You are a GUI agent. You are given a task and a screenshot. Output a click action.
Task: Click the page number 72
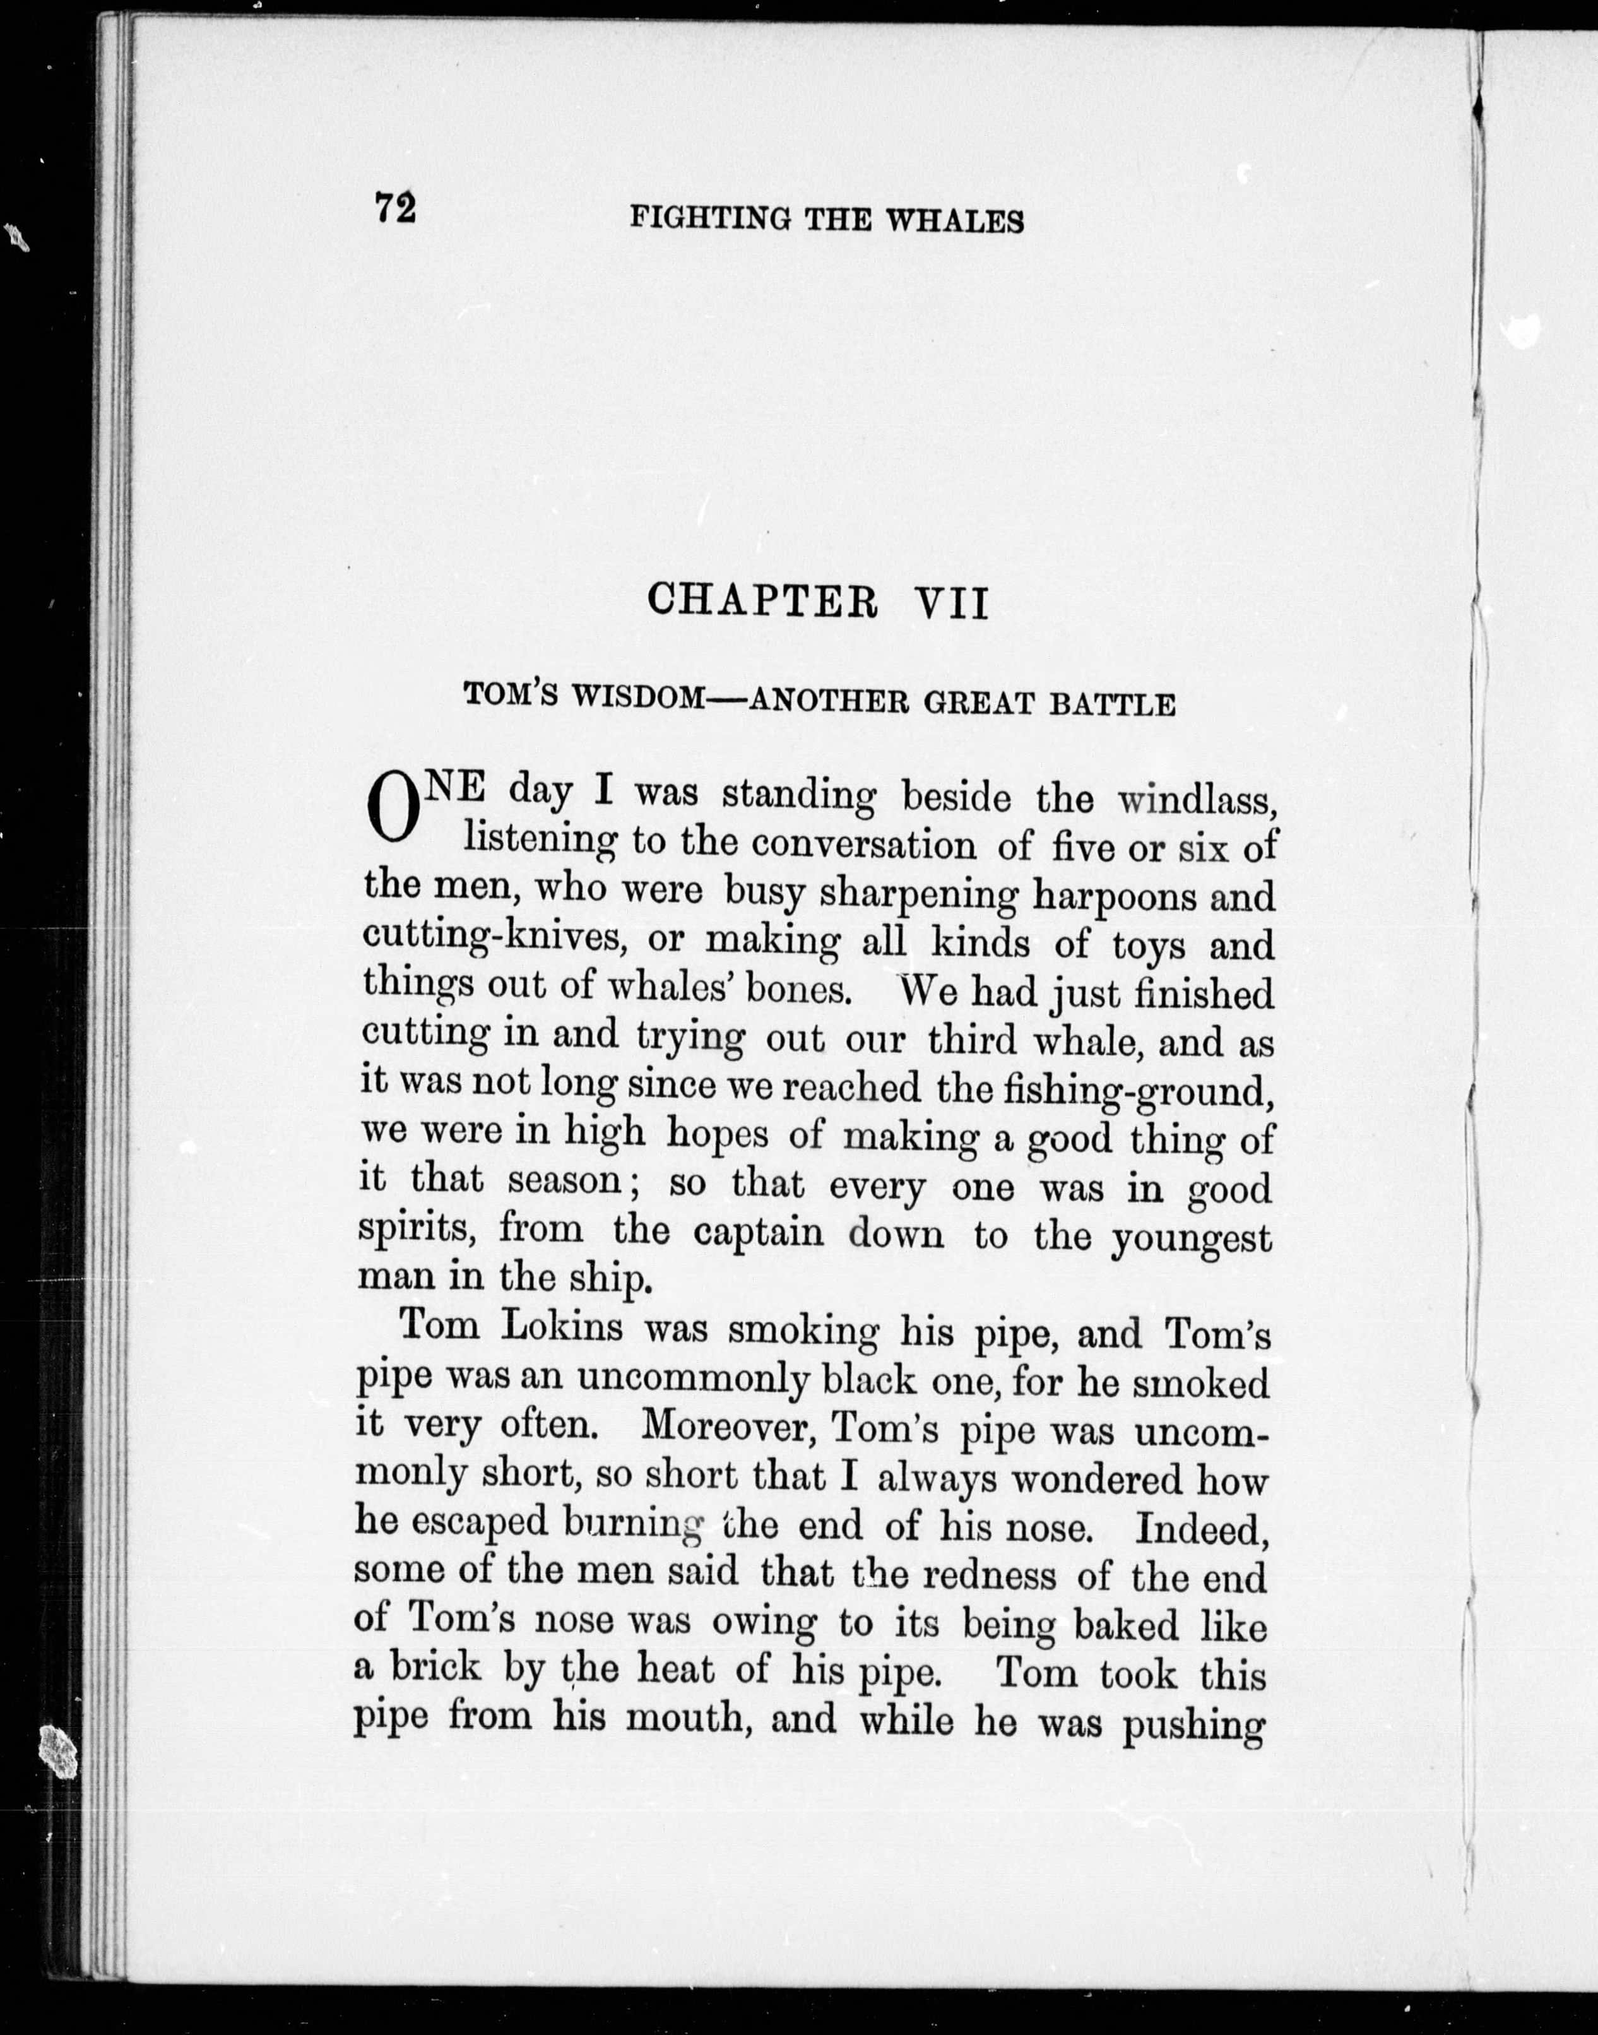(395, 208)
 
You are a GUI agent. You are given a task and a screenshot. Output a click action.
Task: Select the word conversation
(865, 845)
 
